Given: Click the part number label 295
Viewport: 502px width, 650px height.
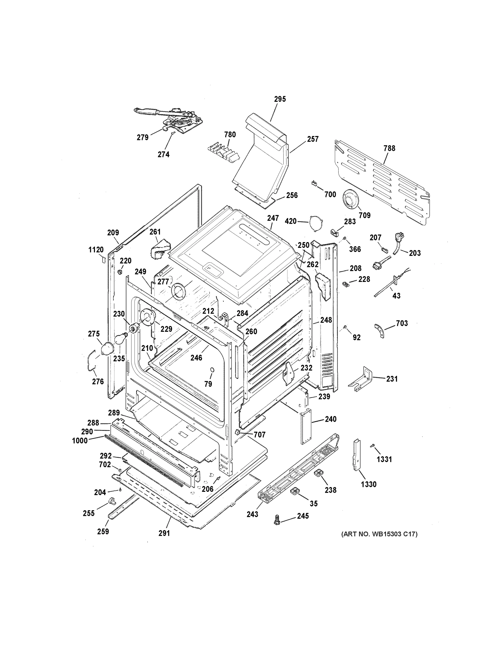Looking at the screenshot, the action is [x=280, y=99].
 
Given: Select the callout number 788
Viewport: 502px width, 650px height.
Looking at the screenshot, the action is [x=389, y=148].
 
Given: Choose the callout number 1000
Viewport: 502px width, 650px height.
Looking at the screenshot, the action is [x=80, y=441].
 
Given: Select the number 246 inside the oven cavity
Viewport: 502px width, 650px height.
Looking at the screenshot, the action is [x=196, y=358].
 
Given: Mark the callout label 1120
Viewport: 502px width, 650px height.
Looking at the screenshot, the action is [x=96, y=250].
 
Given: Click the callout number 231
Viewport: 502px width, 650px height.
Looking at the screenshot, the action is [x=392, y=379].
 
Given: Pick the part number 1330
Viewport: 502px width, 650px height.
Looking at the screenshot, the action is [x=369, y=484].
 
